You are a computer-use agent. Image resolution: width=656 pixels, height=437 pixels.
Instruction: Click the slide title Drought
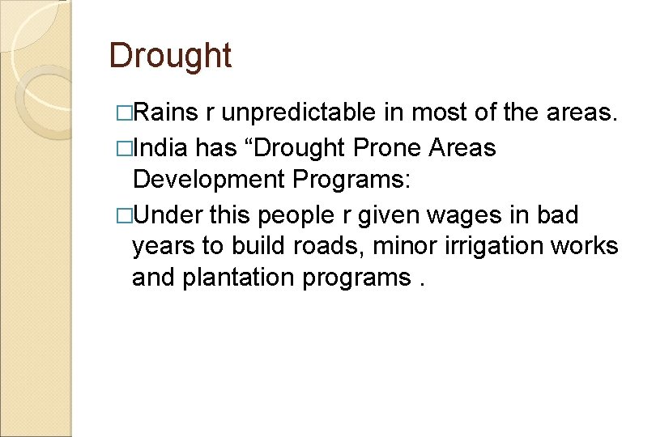coord(170,56)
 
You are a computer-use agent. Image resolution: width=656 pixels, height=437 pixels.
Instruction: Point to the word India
coord(161,149)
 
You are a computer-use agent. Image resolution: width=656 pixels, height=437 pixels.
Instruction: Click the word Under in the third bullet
coord(168,216)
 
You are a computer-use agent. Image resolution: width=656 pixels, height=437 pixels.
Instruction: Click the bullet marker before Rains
coord(122,112)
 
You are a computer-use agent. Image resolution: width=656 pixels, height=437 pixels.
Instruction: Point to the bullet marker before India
coord(122,149)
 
